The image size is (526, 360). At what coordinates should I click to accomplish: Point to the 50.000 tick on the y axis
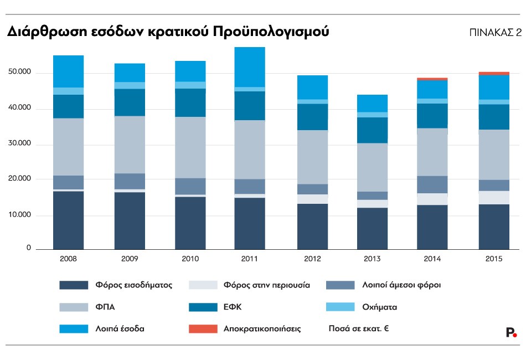click(x=20, y=73)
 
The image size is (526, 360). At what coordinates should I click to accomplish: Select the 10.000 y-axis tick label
click(x=20, y=215)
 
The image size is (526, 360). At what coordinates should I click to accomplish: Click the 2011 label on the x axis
click(x=250, y=258)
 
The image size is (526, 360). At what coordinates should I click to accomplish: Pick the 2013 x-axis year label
click(x=372, y=258)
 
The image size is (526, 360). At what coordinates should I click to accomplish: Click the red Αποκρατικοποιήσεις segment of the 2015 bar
click(x=494, y=73)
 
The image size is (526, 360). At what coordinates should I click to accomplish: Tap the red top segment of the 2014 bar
click(x=432, y=79)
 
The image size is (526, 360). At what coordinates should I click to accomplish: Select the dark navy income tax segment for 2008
click(x=68, y=220)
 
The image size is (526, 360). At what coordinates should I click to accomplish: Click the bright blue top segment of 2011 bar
click(x=250, y=67)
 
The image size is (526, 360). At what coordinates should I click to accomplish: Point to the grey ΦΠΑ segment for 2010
click(x=189, y=147)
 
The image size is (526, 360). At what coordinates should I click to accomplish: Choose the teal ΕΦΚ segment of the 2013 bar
click(x=372, y=130)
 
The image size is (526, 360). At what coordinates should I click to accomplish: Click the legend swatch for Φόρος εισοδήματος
click(x=74, y=285)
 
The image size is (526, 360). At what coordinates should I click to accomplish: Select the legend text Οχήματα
click(x=380, y=307)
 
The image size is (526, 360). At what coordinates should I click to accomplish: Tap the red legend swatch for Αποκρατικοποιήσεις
click(x=203, y=328)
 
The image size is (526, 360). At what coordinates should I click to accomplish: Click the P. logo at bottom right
click(x=511, y=332)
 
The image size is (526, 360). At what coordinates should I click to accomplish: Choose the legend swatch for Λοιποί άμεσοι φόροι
click(x=340, y=285)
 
